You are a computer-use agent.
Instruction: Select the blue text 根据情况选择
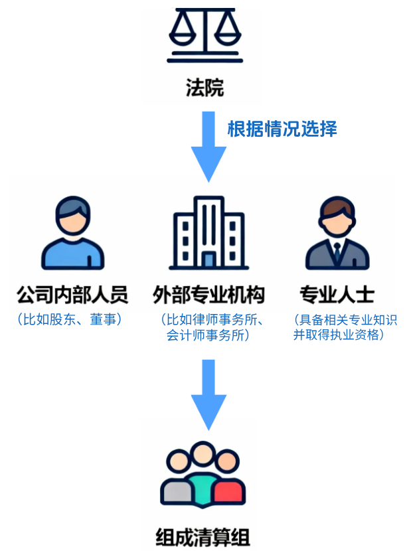click(x=282, y=128)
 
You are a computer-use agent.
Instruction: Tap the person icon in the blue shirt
click(x=73, y=232)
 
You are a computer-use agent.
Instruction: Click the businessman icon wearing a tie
click(x=337, y=232)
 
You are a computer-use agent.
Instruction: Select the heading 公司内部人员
click(x=72, y=295)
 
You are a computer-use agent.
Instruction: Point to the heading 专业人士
click(x=337, y=295)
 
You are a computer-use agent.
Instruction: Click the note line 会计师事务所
click(x=208, y=335)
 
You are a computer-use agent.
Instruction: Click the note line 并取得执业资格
click(x=339, y=335)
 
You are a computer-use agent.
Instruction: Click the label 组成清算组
click(x=203, y=534)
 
